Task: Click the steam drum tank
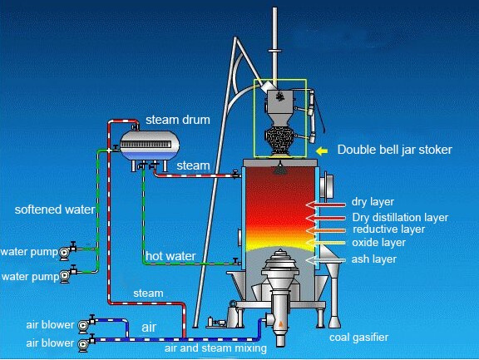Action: (149, 145)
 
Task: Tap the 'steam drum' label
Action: (178, 120)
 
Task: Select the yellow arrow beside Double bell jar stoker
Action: (322, 150)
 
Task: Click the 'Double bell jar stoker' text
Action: (395, 150)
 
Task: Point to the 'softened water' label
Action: (55, 210)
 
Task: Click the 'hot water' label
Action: (170, 256)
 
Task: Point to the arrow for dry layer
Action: (326, 205)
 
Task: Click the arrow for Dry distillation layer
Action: (326, 218)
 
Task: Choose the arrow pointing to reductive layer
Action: (326, 230)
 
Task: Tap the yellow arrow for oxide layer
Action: (326, 243)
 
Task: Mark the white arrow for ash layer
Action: (326, 260)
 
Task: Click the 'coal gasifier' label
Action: (359, 338)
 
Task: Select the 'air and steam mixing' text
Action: (215, 348)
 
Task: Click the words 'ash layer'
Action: (374, 259)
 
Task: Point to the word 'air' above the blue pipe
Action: (149, 328)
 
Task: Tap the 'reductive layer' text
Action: (389, 229)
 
